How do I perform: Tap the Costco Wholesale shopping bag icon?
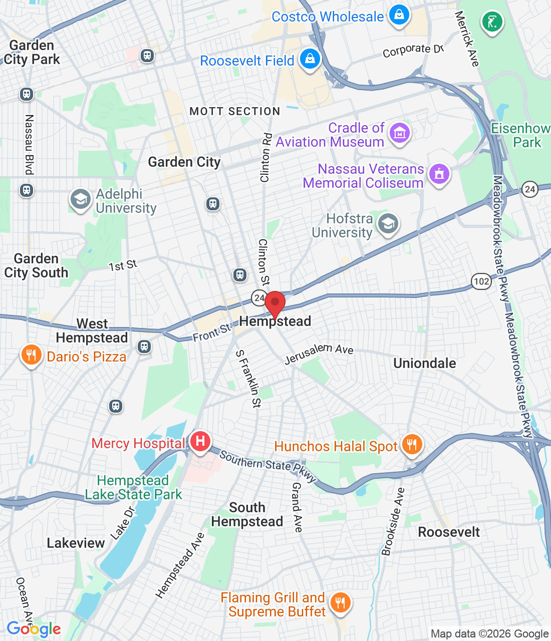pyautogui.click(x=399, y=15)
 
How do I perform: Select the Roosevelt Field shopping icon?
pyautogui.click(x=310, y=59)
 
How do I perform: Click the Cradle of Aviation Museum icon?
pyautogui.click(x=399, y=133)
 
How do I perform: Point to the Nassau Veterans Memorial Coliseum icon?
pyautogui.click(x=439, y=174)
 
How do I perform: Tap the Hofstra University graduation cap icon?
pyautogui.click(x=388, y=224)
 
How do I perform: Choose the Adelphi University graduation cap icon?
pyautogui.click(x=80, y=199)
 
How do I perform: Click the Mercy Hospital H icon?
pyautogui.click(x=200, y=441)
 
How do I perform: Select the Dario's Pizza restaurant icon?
pyautogui.click(x=31, y=355)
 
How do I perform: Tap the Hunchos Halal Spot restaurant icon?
pyautogui.click(x=412, y=444)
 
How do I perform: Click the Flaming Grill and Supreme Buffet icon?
pyautogui.click(x=341, y=602)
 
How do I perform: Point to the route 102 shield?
pyautogui.click(x=481, y=281)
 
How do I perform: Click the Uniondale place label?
pyautogui.click(x=425, y=363)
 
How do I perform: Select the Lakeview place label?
pyautogui.click(x=76, y=543)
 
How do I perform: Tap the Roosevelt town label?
pyautogui.click(x=449, y=532)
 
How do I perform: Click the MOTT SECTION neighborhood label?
pyautogui.click(x=235, y=111)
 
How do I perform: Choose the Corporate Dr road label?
pyautogui.click(x=413, y=51)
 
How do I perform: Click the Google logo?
pyautogui.click(x=34, y=629)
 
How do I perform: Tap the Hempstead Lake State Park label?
pyautogui.click(x=133, y=487)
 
